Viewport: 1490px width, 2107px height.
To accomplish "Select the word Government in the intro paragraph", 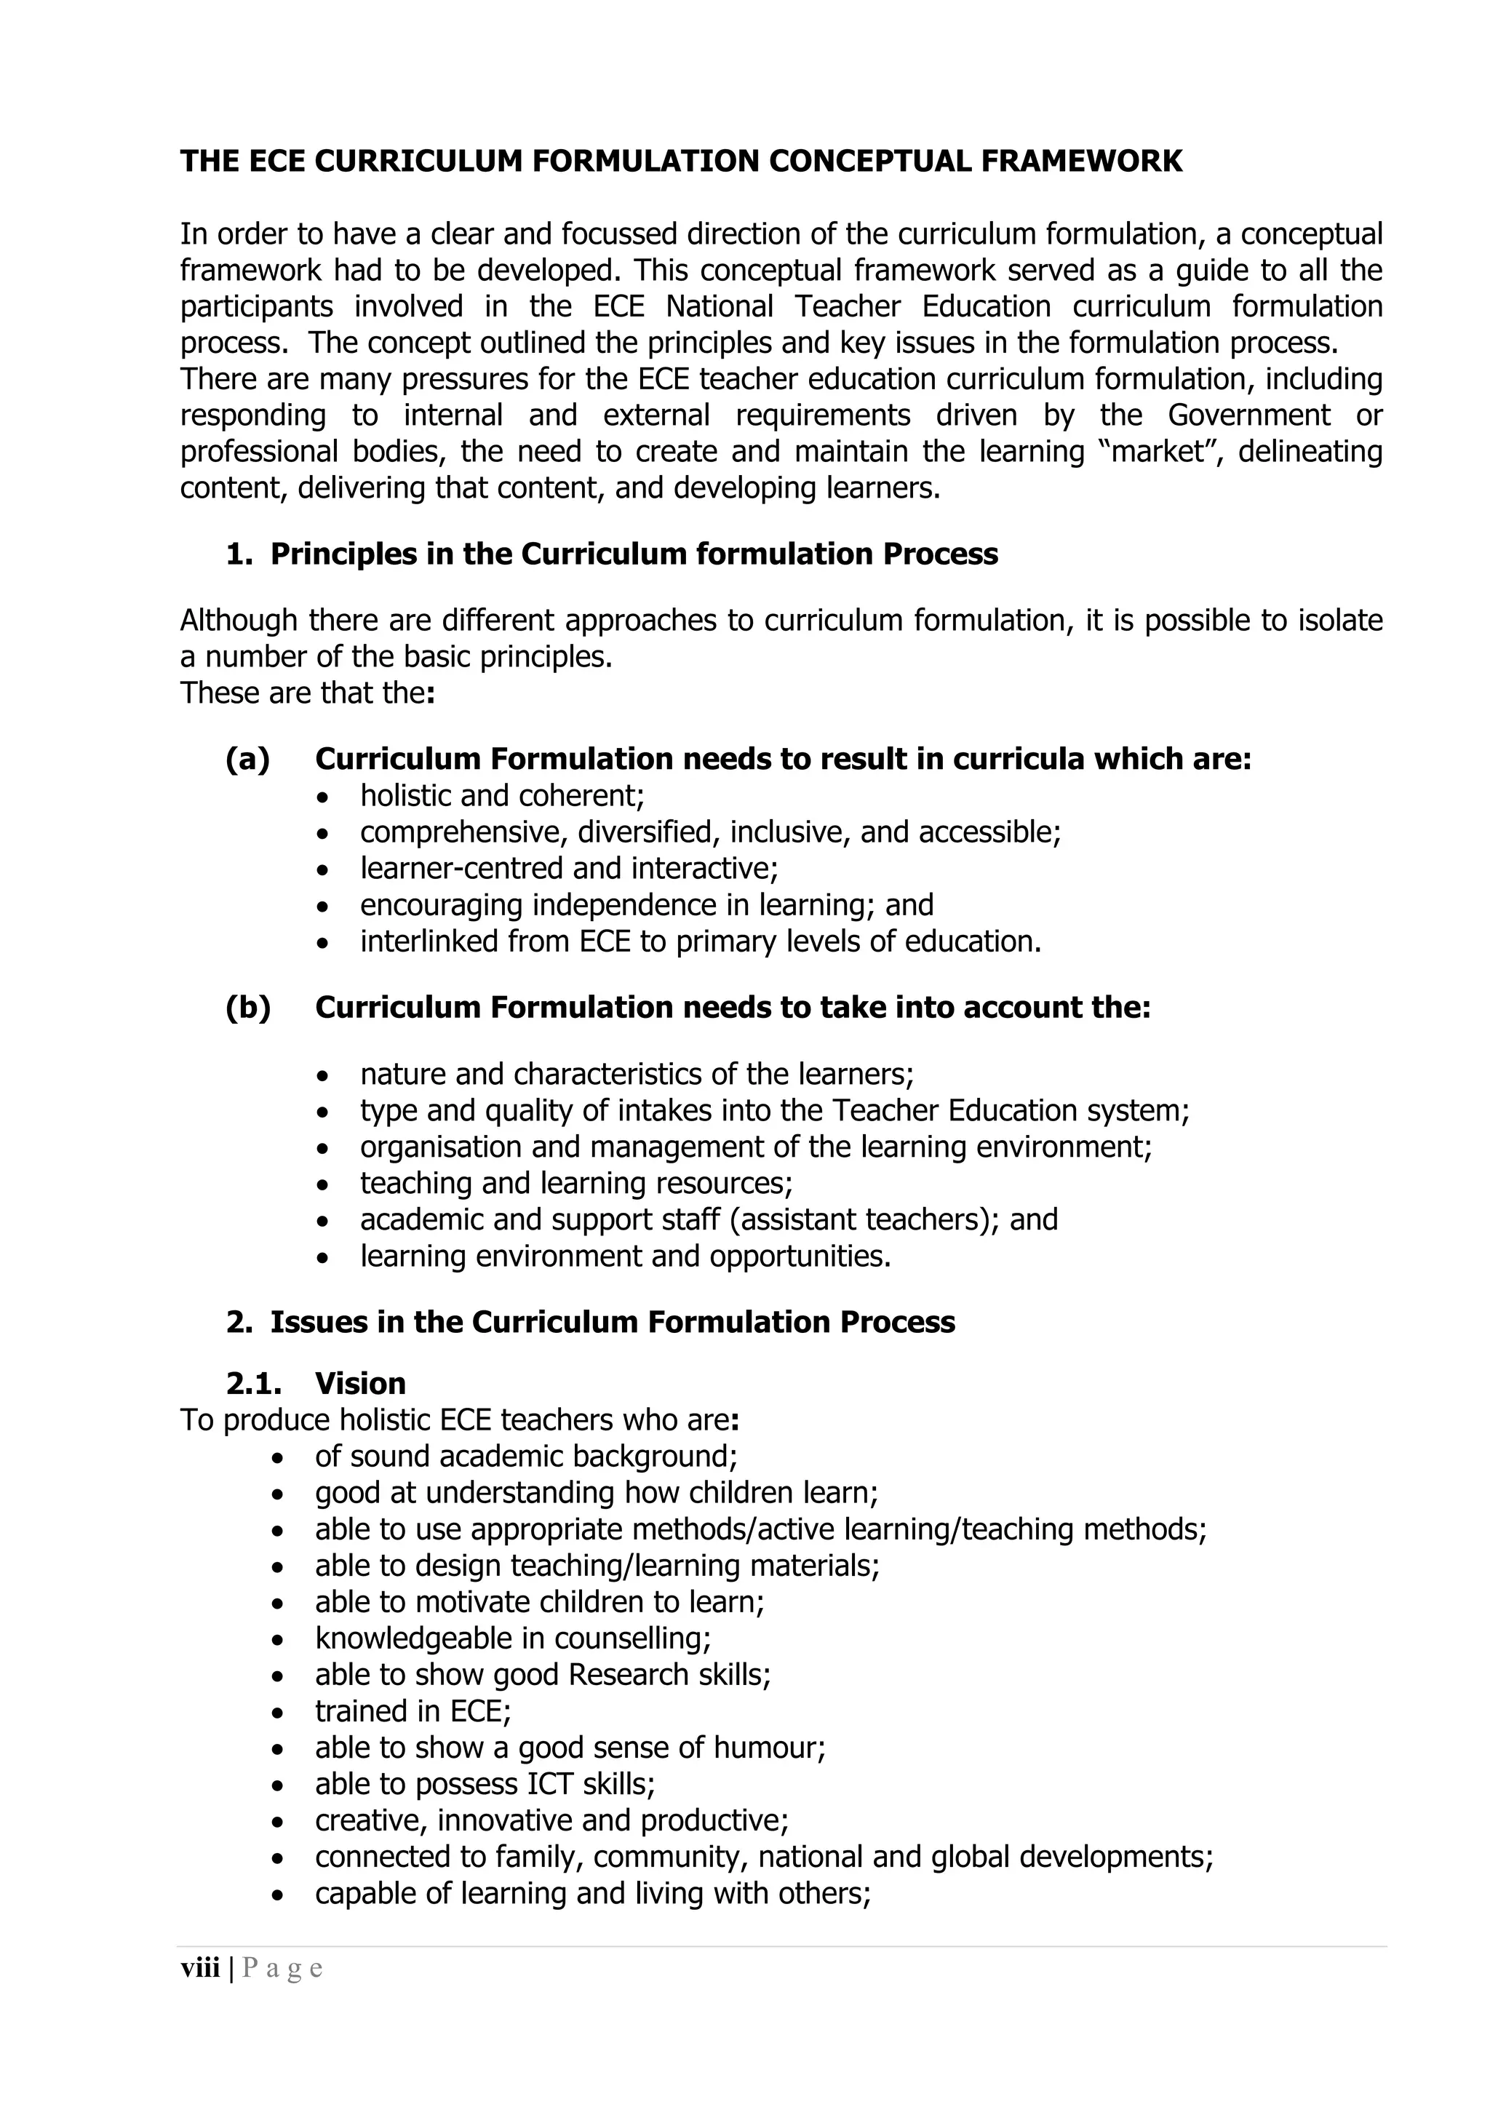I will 1248,415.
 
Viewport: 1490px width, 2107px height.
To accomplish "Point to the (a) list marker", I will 247,760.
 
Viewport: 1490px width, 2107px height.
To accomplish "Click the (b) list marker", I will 247,1008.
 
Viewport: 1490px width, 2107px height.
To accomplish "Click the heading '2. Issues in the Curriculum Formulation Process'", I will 590,1323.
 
